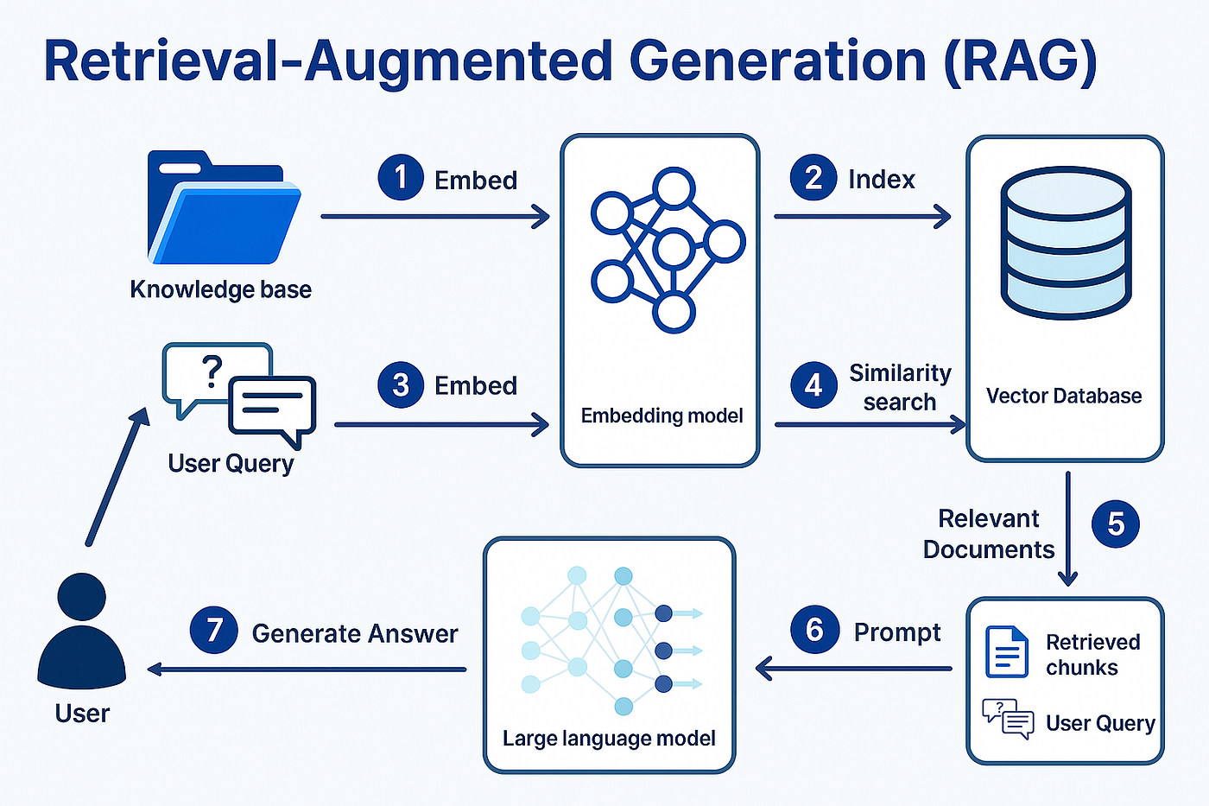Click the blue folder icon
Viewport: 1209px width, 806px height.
[224, 207]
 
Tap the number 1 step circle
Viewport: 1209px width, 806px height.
[401, 177]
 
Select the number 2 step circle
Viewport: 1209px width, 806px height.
[813, 177]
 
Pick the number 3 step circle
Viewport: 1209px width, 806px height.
[401, 384]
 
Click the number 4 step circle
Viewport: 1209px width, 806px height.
[813, 385]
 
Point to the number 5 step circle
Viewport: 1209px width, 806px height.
[1116, 524]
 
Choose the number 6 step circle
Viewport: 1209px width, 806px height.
[814, 630]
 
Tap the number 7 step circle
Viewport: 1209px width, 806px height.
[214, 630]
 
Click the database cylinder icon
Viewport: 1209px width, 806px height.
[1066, 243]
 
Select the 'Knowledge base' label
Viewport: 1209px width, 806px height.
[221, 290]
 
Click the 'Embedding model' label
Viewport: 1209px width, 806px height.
[661, 416]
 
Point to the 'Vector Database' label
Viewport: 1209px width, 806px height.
[1064, 396]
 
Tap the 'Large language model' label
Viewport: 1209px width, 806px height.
[609, 739]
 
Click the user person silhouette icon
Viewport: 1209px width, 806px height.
[81, 631]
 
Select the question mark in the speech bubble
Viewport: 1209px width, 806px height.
[212, 371]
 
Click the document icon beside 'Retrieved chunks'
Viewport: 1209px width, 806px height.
[1007, 651]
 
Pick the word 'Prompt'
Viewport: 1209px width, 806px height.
[897, 632]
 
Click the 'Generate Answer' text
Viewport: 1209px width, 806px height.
[355, 634]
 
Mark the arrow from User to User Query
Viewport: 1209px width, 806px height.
[117, 477]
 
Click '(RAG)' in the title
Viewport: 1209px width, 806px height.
[1021, 61]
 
